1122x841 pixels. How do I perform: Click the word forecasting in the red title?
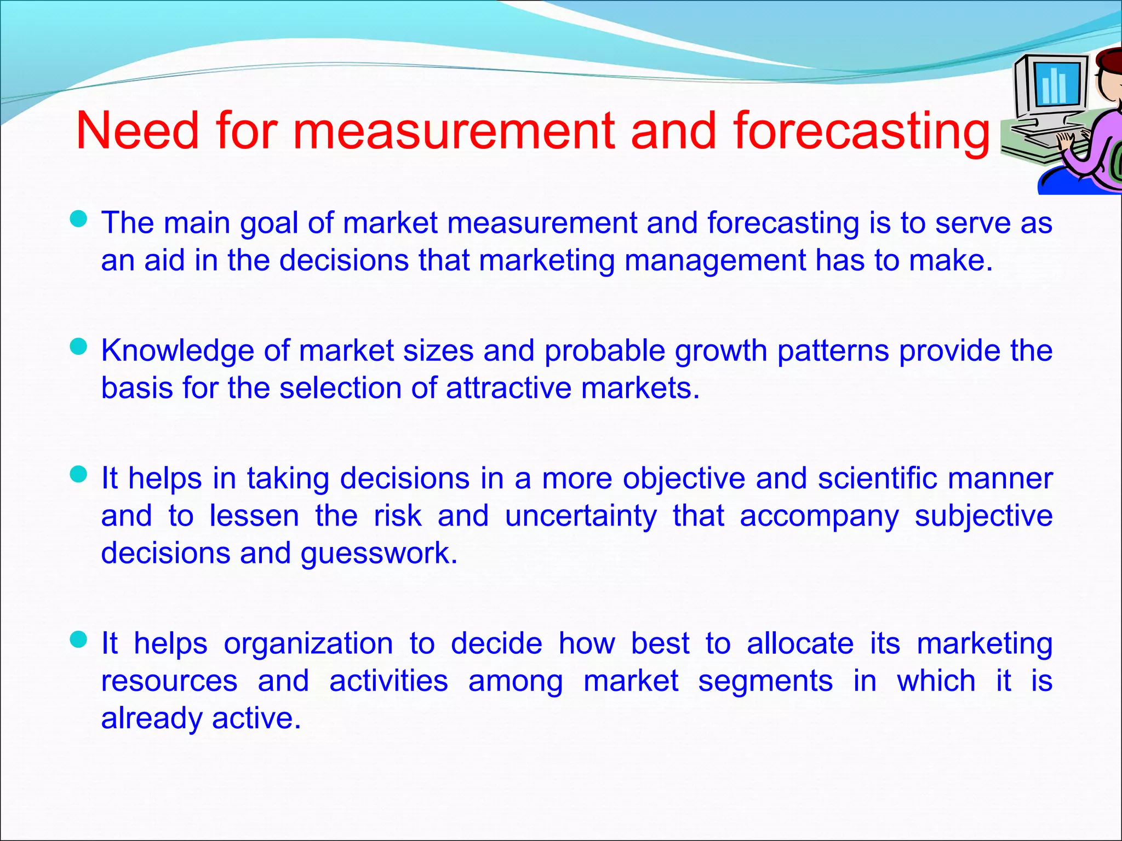coord(862,131)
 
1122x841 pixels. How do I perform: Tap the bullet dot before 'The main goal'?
coord(79,220)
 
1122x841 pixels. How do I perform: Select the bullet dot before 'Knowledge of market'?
coord(79,347)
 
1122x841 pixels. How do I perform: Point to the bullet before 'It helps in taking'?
coord(79,474)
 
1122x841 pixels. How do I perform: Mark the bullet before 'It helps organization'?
coord(79,639)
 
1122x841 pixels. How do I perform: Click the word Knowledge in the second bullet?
coord(177,351)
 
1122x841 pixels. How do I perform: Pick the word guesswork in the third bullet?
coord(379,553)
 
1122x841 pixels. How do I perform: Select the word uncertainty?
coord(581,516)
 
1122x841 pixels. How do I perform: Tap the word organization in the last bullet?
coord(308,643)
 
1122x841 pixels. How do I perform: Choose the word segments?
coord(765,681)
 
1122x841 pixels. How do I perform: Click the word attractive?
coord(508,388)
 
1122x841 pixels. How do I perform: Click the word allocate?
coord(800,643)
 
